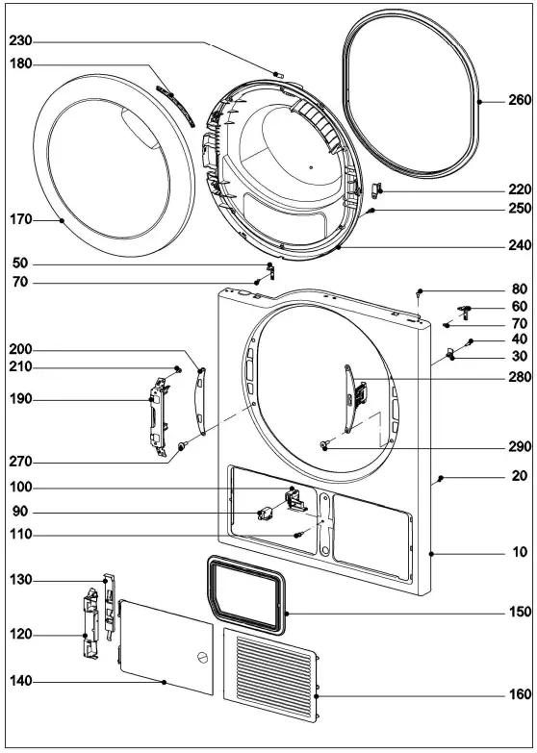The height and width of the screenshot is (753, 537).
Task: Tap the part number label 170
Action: (x=21, y=220)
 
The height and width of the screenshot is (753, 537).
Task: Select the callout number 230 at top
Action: (x=21, y=41)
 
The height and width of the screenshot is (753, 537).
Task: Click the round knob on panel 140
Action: (x=201, y=658)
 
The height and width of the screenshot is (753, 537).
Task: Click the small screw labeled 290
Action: (x=326, y=444)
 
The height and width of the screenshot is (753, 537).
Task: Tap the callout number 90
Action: (x=21, y=512)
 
